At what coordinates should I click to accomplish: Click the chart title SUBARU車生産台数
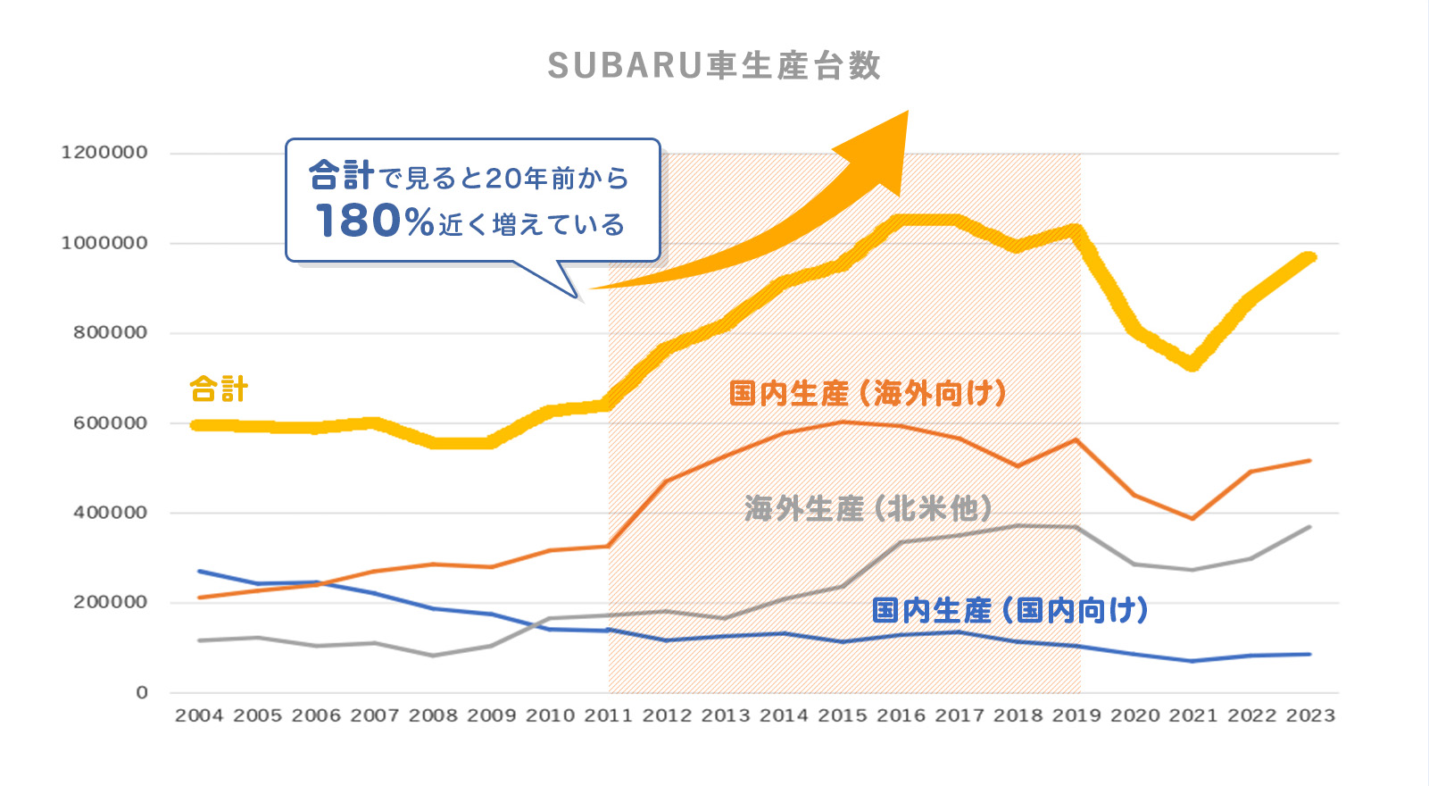tap(714, 66)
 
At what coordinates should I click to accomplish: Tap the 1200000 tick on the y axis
tap(104, 153)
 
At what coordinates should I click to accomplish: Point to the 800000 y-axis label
tap(109, 332)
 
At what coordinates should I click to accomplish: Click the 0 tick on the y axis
tap(141, 692)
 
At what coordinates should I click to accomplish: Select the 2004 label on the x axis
tap(199, 715)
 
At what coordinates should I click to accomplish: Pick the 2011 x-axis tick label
tap(608, 715)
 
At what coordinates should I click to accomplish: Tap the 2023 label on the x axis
tap(1309, 715)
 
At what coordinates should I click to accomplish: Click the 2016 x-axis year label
tap(901, 715)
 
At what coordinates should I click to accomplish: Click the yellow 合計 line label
tap(219, 390)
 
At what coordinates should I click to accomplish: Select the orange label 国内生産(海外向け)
tap(868, 393)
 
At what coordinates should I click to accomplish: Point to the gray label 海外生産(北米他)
tap(868, 508)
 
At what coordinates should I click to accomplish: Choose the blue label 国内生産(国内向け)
tap(1009, 611)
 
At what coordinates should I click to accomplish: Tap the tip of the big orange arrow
tap(906, 113)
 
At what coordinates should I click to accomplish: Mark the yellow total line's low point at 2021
tap(1192, 364)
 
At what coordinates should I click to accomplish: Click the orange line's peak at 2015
tap(843, 422)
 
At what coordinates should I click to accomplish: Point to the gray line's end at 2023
tap(1309, 527)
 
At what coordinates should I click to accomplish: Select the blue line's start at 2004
tap(199, 571)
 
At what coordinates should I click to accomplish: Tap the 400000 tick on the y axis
tap(109, 513)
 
